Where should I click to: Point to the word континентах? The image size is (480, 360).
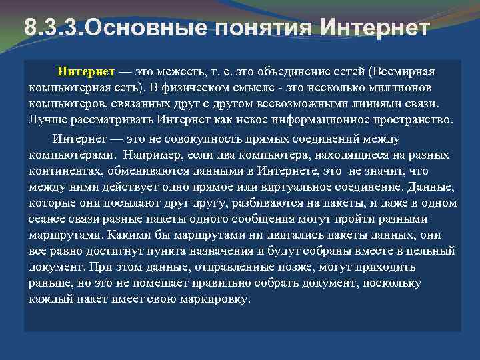[x=63, y=171]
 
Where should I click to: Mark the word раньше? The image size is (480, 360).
[x=48, y=283]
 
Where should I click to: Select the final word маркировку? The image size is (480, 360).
[x=213, y=299]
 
